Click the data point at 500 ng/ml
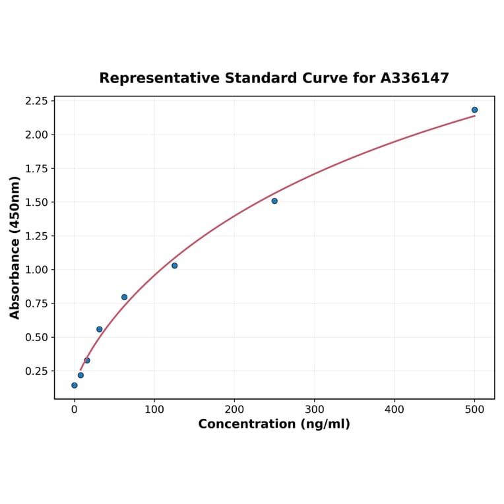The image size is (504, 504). pyautogui.click(x=474, y=110)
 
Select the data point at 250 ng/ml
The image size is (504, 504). pyautogui.click(x=274, y=201)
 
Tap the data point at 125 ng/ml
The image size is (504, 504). pyautogui.click(x=174, y=266)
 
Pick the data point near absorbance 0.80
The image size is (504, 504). pyautogui.click(x=124, y=297)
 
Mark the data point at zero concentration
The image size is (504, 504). pyautogui.click(x=75, y=385)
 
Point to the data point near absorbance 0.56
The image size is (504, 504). pyautogui.click(x=100, y=329)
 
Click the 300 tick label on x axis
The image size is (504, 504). pyautogui.click(x=315, y=409)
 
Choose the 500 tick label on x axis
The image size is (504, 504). pyautogui.click(x=474, y=409)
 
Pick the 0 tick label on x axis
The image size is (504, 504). pyautogui.click(x=75, y=409)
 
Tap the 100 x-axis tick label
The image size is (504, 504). pyautogui.click(x=154, y=409)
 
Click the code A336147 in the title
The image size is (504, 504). pyautogui.click(x=414, y=79)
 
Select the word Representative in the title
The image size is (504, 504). pyautogui.click(x=159, y=79)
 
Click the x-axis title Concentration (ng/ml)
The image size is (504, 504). pyautogui.click(x=274, y=424)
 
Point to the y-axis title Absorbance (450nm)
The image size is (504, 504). pyautogui.click(x=15, y=247)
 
